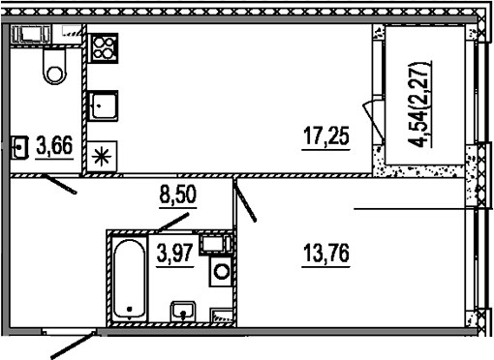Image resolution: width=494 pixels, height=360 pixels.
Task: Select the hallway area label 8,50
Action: [x=177, y=195]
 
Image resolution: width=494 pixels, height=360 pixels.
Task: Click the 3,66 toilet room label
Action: [x=54, y=147]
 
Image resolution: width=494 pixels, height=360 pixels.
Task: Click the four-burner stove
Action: [x=104, y=48]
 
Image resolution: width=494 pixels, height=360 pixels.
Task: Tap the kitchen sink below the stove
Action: [x=104, y=104]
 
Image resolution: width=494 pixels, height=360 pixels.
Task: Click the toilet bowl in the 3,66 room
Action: [x=53, y=66]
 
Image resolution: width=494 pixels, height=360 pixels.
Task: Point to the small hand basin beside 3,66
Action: [x=19, y=148]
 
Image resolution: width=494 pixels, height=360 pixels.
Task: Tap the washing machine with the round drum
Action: [x=222, y=270]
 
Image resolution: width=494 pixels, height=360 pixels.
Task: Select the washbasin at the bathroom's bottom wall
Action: [x=183, y=312]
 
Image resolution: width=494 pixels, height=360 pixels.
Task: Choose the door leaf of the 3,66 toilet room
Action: [x=59, y=184]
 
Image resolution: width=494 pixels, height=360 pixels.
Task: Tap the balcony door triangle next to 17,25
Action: [x=368, y=115]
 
